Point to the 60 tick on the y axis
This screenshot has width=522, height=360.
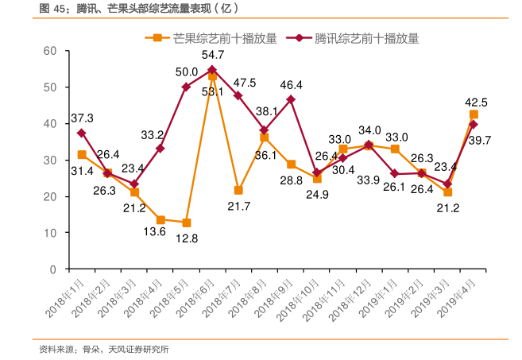pyautogui.click(x=49, y=51)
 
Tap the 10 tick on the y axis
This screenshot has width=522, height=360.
pyautogui.click(x=49, y=233)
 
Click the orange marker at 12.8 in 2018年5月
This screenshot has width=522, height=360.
pyautogui.click(x=186, y=223)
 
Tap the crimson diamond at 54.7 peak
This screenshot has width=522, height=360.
pyautogui.click(x=212, y=70)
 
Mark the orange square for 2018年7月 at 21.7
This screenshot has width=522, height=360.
pyautogui.click(x=238, y=190)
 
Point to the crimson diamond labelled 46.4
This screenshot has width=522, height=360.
pyautogui.click(x=291, y=100)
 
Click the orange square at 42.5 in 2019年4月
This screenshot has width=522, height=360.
pyautogui.click(x=474, y=114)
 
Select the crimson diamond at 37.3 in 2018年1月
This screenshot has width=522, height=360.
pyautogui.click(x=82, y=133)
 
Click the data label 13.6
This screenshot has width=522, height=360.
pyautogui.click(x=154, y=231)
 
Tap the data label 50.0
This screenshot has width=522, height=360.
pyautogui.click(x=187, y=72)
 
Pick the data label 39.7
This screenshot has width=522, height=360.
pyautogui.click(x=480, y=140)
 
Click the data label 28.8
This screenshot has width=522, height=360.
pyautogui.click(x=292, y=181)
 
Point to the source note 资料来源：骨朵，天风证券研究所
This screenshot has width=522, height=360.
pyautogui.click(x=103, y=349)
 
